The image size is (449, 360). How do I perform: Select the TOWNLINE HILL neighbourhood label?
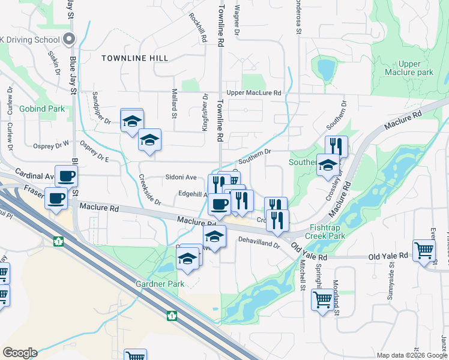[135, 58]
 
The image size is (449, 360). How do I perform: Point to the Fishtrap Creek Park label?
[328, 232]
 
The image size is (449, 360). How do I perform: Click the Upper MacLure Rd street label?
[254, 93]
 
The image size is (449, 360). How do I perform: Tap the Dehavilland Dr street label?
[259, 245]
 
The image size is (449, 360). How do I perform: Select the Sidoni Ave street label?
[181, 178]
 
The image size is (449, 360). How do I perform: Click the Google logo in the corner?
[20, 353]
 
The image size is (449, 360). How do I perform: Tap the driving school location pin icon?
[68, 40]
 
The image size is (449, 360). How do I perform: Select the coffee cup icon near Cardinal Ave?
[66, 176]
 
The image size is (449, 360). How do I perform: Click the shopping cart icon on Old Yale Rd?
[423, 250]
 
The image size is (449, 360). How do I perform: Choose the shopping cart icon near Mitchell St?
[322, 298]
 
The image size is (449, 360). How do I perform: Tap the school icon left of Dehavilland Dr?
[214, 236]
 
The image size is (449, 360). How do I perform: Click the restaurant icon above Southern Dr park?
[336, 146]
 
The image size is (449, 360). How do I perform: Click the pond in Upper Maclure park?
[327, 69]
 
